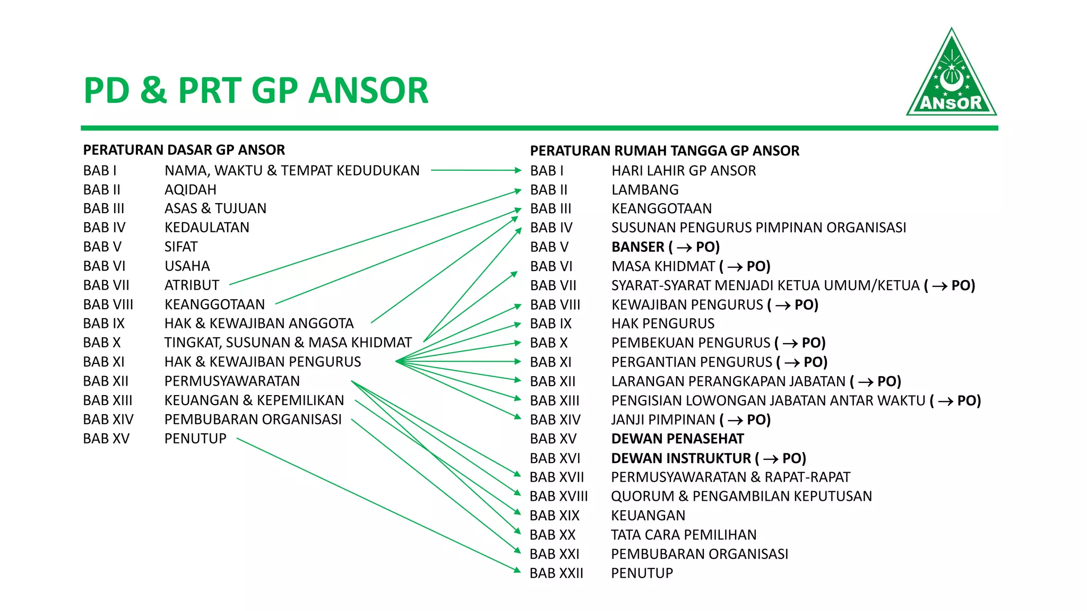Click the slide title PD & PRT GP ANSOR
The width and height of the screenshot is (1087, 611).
click(x=256, y=90)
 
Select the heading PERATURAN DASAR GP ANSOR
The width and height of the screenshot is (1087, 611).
click(x=184, y=150)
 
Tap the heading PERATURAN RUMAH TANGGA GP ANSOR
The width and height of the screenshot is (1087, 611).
click(x=665, y=151)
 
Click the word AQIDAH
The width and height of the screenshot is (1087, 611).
click(x=190, y=190)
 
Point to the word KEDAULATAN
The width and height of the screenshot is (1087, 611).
click(x=206, y=228)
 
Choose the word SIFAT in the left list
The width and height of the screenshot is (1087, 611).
click(x=180, y=247)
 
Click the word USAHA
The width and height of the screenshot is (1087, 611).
click(x=187, y=266)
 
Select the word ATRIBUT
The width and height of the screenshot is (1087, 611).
click(x=192, y=285)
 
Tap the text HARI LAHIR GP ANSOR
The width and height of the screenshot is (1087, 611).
click(x=684, y=171)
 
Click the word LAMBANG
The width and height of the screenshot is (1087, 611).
click(x=645, y=190)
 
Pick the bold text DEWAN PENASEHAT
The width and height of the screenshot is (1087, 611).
click(x=677, y=439)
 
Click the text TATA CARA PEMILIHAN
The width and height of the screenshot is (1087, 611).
click(x=684, y=535)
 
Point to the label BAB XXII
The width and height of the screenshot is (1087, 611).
click(x=556, y=573)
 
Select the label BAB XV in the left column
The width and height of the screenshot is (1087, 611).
click(x=106, y=439)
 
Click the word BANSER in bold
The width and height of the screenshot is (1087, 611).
click(x=638, y=247)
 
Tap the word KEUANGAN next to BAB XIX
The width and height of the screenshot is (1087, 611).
click(x=648, y=516)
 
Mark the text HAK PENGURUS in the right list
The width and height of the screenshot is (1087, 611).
click(x=663, y=324)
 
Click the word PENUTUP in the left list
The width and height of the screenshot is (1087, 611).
click(x=195, y=439)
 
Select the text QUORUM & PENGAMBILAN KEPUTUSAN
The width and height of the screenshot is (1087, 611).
click(x=741, y=496)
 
